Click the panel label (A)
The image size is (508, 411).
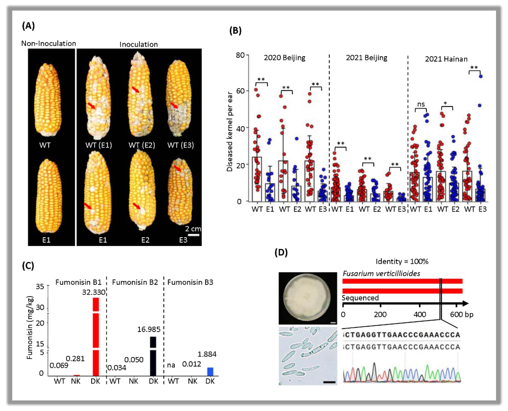[x=28, y=26]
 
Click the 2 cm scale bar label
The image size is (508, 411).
[x=193, y=229]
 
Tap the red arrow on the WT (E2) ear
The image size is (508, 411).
[x=136, y=89]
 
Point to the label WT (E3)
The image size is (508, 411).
[x=180, y=145]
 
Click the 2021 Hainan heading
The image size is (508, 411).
[x=446, y=59]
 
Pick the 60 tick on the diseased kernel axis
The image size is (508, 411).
[x=240, y=91]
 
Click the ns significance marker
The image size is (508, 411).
[x=421, y=104]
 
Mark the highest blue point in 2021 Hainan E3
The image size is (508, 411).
[x=480, y=76]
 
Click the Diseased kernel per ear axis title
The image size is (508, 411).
[x=230, y=132]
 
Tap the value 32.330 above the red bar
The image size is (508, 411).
[x=94, y=292]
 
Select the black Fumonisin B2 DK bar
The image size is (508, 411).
[x=153, y=356]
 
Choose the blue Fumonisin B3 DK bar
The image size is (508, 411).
[x=210, y=372]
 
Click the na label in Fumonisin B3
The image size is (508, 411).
[x=171, y=365]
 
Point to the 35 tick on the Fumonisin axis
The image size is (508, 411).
[x=40, y=286]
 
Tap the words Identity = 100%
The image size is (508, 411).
[x=402, y=261]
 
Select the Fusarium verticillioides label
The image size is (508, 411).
[x=381, y=274]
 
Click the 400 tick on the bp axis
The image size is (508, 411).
[x=420, y=314]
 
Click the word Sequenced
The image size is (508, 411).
[x=360, y=298]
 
